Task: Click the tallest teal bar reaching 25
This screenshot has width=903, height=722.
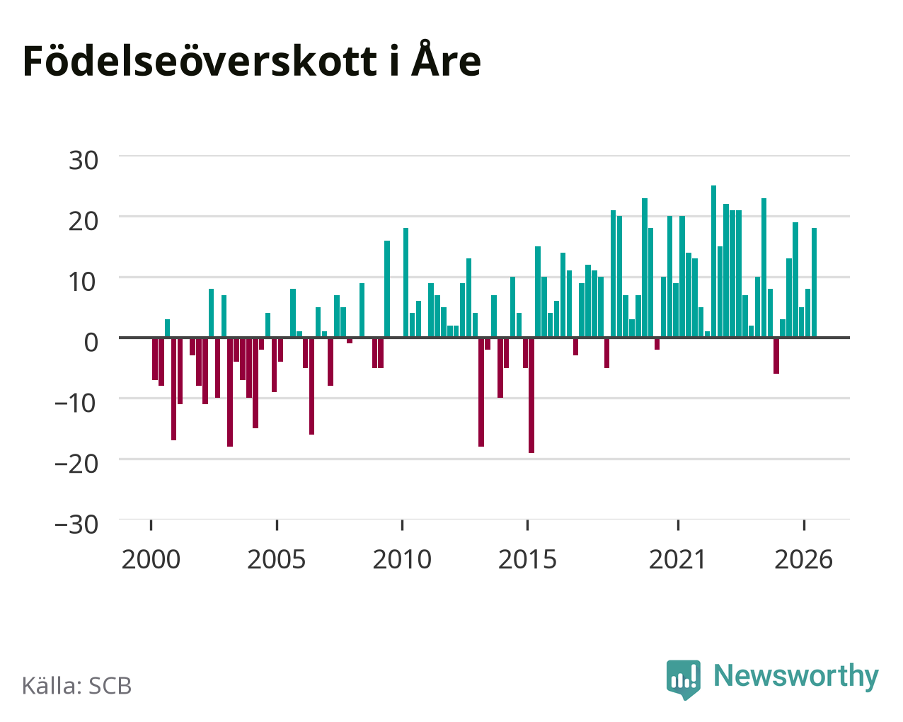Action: [x=713, y=261]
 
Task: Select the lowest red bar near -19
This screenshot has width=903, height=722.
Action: [x=531, y=396]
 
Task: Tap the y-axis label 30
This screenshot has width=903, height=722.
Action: [x=84, y=161]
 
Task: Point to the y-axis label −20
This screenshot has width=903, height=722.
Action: [x=76, y=464]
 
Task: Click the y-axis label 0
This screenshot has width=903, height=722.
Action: [x=91, y=343]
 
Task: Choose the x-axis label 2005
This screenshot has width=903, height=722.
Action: [x=277, y=559]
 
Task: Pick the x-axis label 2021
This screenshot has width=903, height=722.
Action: [x=678, y=559]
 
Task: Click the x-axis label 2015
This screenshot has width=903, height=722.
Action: [x=527, y=559]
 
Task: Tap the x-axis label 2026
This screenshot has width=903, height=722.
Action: [x=803, y=559]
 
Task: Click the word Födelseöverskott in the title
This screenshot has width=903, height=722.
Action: [x=200, y=62]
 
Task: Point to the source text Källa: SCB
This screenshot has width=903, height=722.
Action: [x=77, y=685]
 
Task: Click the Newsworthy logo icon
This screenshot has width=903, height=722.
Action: [x=684, y=680]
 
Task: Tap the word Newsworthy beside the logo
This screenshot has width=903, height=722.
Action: [x=796, y=677]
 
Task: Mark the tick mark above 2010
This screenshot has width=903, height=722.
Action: [x=402, y=525]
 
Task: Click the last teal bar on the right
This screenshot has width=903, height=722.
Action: [x=814, y=282]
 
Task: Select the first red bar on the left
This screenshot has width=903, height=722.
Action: [x=155, y=359]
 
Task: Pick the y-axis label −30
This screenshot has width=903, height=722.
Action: [x=76, y=525]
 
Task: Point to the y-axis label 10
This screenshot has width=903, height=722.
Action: [x=84, y=282]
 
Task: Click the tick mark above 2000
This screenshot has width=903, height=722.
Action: [x=151, y=525]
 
